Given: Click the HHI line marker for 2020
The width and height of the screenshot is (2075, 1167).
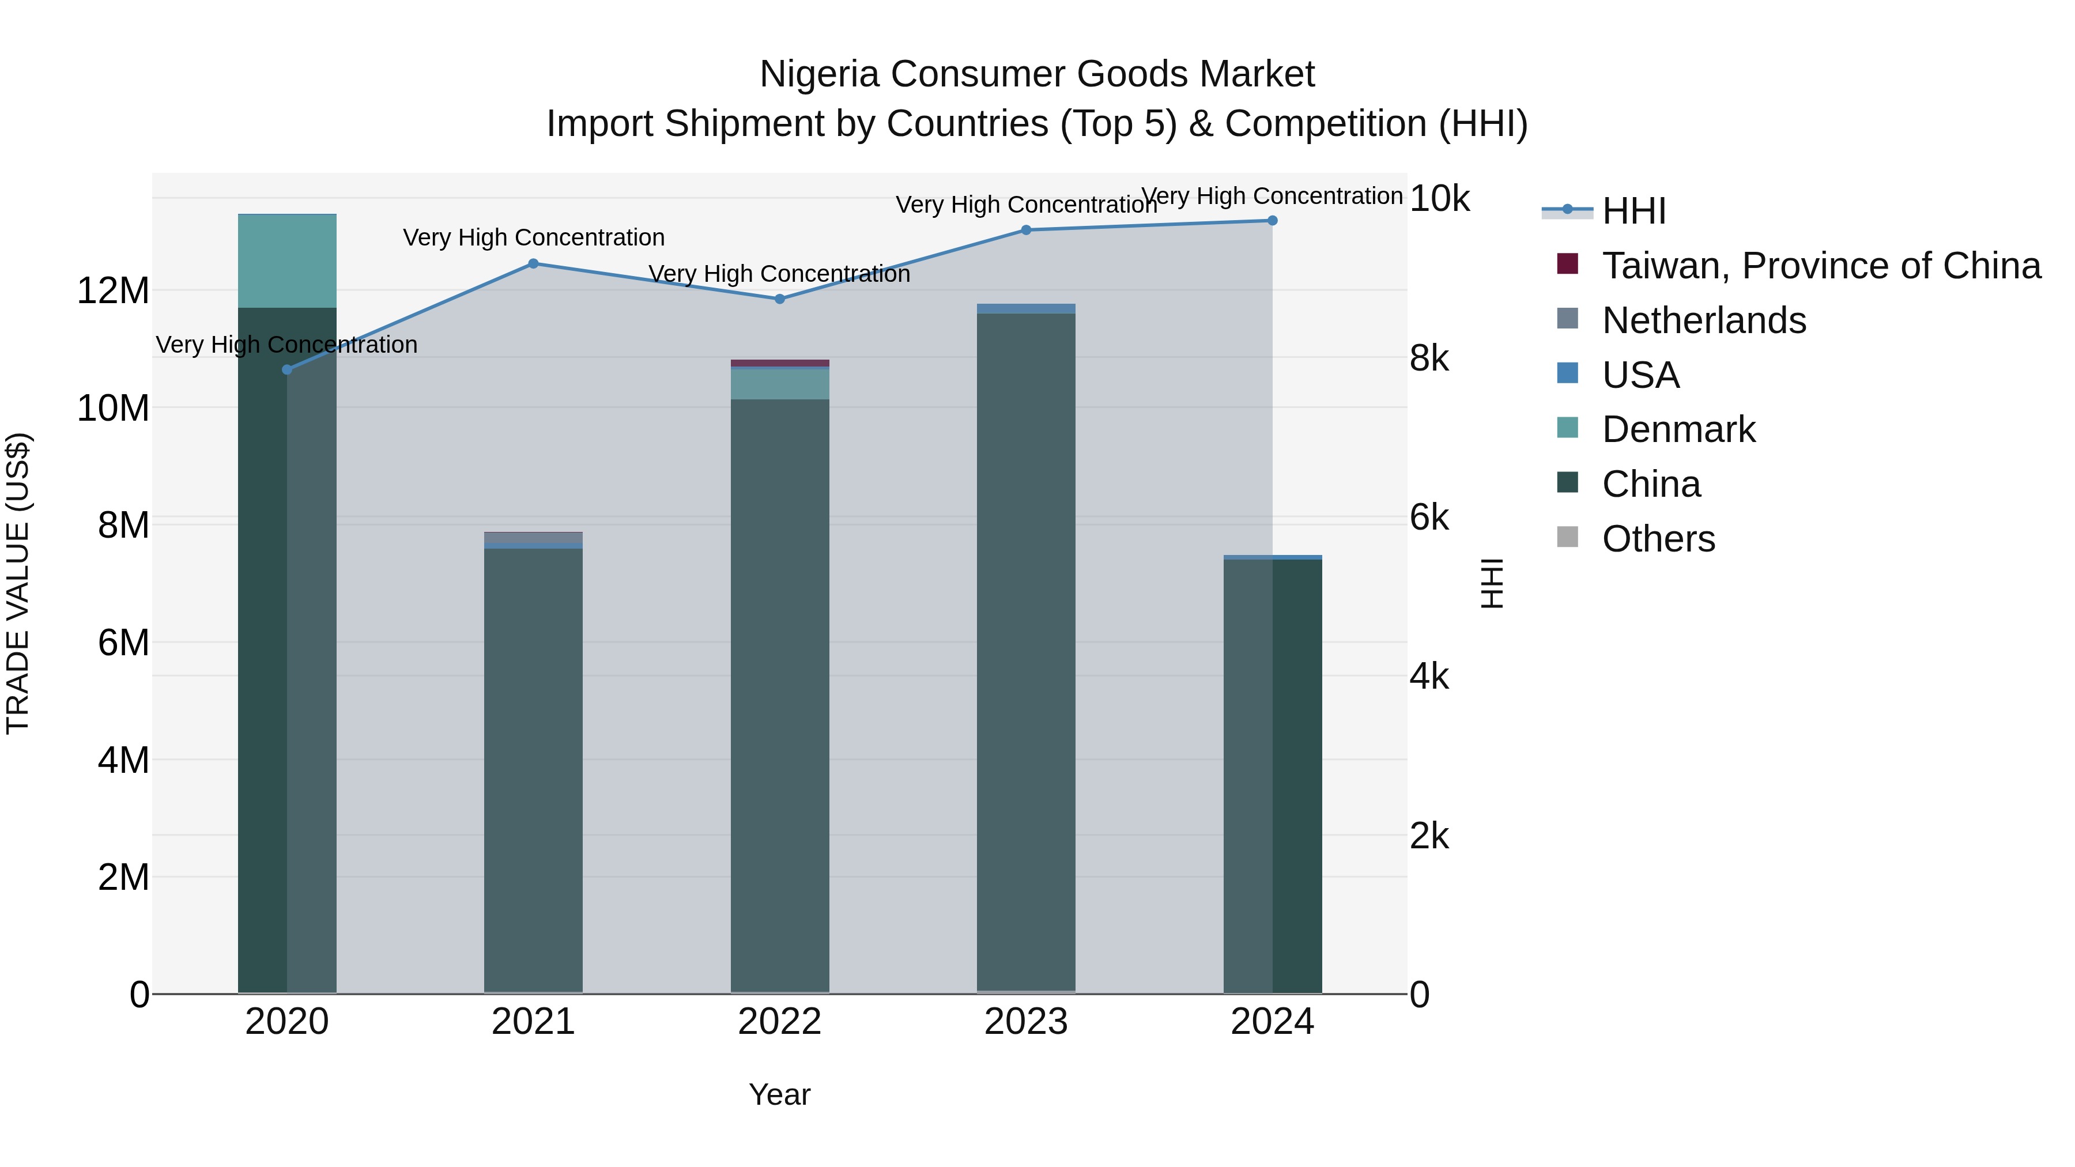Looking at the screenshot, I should (x=287, y=369).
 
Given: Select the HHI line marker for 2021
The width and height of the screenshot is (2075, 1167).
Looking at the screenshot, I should (x=533, y=263).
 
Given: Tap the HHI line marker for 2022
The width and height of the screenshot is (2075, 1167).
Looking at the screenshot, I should (x=780, y=299).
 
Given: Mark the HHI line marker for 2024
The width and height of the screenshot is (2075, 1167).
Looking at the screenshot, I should (x=1273, y=220).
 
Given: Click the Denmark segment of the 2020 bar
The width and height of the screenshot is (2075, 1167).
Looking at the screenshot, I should (x=287, y=261).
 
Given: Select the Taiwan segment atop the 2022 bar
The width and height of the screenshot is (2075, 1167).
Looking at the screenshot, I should (x=780, y=363).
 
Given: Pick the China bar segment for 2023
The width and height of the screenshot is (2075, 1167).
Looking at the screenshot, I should (x=1026, y=652).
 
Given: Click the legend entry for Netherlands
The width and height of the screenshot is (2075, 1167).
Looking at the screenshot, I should (x=1704, y=320).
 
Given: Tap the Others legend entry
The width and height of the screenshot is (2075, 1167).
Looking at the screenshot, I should (x=1658, y=539).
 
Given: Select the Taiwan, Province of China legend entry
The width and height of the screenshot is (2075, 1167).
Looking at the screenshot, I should (x=1820, y=266).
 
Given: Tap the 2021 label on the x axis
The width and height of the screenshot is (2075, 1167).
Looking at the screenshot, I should (x=533, y=1022).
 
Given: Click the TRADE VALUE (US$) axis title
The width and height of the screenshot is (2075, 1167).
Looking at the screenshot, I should (x=18, y=583).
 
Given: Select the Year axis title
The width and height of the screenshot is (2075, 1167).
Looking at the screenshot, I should (x=780, y=1094).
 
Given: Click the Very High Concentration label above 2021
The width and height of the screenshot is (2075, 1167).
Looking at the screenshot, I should (x=533, y=237).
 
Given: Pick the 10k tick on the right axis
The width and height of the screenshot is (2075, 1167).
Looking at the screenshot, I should (x=1439, y=199).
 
